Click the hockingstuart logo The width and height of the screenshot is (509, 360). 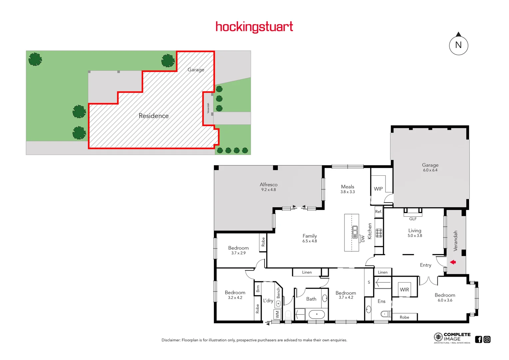pos(254,27)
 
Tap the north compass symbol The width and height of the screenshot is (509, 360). pos(459,45)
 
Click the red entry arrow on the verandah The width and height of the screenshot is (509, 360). pos(453,262)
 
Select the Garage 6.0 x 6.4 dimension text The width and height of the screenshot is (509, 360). pos(430,170)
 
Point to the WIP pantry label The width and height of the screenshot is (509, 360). pos(378,189)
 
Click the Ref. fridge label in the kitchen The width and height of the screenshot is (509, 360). pos(378,212)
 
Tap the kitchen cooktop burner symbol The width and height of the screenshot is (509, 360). pos(379,233)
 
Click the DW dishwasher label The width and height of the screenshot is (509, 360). pos(363,239)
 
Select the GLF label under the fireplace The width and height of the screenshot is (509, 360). pos(413,219)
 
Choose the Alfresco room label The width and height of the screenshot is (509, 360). pos(268,185)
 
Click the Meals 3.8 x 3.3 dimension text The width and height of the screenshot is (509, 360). pos(347,192)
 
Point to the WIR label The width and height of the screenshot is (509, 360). pos(404,290)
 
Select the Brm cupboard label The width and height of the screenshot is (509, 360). pos(258,289)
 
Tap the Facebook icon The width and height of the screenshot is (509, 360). pos(479,339)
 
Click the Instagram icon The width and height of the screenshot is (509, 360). pos(487,339)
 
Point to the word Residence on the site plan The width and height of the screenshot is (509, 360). pos(154,116)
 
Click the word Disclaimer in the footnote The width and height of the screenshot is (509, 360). pos(171,340)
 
